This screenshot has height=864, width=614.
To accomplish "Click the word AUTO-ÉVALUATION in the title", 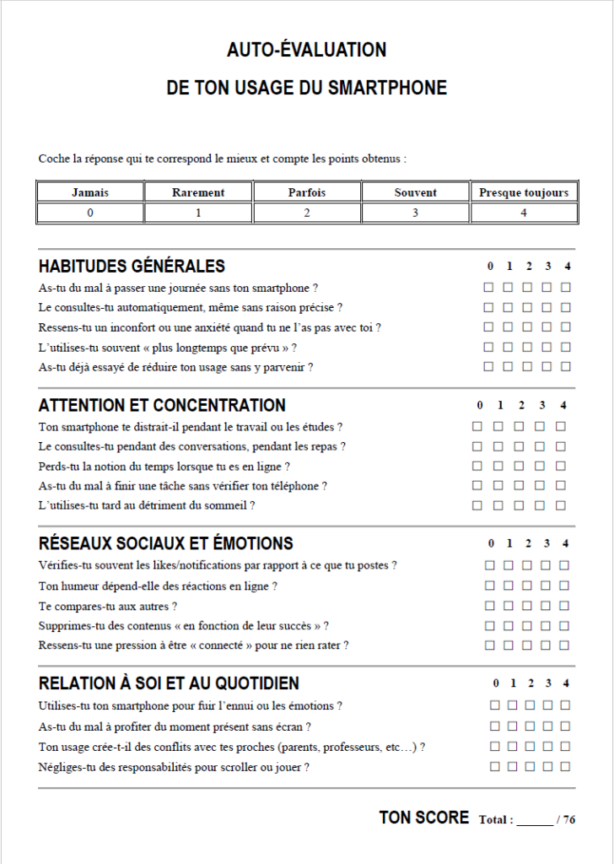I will (x=306, y=51).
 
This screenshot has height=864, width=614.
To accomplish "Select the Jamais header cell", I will (x=90, y=192).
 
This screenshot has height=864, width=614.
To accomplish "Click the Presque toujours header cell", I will (x=524, y=192).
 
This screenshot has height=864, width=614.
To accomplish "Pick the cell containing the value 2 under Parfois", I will (x=307, y=213).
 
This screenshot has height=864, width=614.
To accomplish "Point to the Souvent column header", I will (x=415, y=192).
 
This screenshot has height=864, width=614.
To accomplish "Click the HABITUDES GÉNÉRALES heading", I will (x=132, y=267).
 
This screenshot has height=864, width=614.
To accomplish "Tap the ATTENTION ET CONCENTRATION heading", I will (x=162, y=405).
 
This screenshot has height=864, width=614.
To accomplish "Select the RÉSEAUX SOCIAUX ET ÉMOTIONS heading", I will (x=166, y=543).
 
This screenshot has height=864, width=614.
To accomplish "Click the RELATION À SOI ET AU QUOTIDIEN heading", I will (x=169, y=683).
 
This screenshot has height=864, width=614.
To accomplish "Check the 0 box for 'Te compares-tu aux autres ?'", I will (x=489, y=606).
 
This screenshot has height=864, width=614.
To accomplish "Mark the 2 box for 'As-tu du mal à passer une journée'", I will (x=527, y=288).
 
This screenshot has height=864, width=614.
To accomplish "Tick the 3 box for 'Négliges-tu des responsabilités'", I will (x=547, y=767).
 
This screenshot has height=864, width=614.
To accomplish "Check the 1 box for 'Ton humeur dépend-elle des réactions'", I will (x=509, y=586).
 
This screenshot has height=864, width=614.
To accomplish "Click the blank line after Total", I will (x=534, y=819).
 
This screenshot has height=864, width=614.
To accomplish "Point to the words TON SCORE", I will (x=424, y=818).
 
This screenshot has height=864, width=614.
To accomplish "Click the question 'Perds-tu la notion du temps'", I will (x=164, y=466).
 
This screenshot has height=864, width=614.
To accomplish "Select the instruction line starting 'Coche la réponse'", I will (x=222, y=159).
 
